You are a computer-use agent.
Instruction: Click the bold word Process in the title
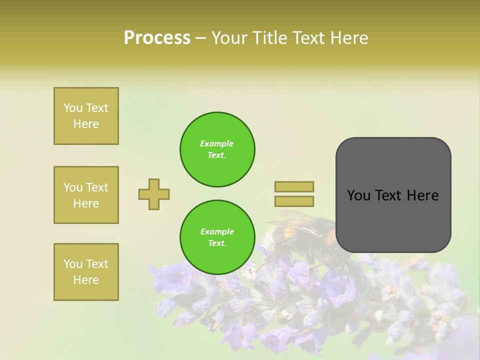click(x=157, y=38)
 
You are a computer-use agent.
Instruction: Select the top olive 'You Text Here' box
click(x=86, y=116)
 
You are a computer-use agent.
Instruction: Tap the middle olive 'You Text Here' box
click(x=86, y=195)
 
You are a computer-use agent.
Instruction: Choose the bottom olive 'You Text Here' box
click(x=86, y=272)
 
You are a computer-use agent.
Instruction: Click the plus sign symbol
click(x=154, y=194)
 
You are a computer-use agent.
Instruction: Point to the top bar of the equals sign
click(x=294, y=186)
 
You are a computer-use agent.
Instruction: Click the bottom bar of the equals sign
click(x=294, y=201)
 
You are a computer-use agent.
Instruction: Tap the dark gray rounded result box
click(x=393, y=220)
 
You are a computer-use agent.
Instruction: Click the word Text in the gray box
click(x=389, y=195)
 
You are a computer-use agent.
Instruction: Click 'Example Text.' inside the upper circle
click(x=217, y=149)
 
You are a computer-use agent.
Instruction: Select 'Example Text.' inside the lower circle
click(x=217, y=237)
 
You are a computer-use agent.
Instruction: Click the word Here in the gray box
click(x=422, y=195)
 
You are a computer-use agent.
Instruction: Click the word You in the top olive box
click(x=73, y=108)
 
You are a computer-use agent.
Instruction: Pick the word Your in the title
click(x=229, y=38)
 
